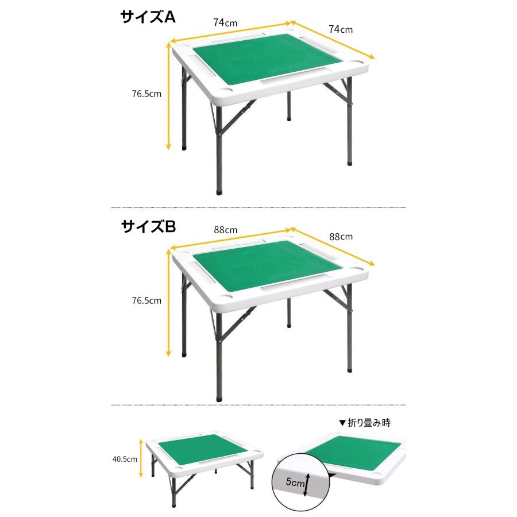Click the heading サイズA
click(x=148, y=17)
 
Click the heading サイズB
click(x=148, y=226)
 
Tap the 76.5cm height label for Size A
click(x=146, y=94)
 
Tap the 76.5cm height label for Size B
click(x=146, y=300)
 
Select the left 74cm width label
click(x=225, y=23)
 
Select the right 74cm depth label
click(x=341, y=29)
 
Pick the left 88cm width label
click(x=226, y=230)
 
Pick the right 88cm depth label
click(x=341, y=237)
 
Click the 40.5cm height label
click(x=125, y=460)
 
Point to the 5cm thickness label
click(x=295, y=483)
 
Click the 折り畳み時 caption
click(x=369, y=423)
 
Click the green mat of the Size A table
click(x=268, y=59)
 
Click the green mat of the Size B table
click(x=268, y=266)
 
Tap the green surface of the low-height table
click(x=202, y=450)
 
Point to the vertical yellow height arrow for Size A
click(x=168, y=95)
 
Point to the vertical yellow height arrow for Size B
click(x=168, y=303)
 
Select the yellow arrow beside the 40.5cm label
click(x=141, y=458)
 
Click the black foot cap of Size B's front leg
click(x=219, y=398)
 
